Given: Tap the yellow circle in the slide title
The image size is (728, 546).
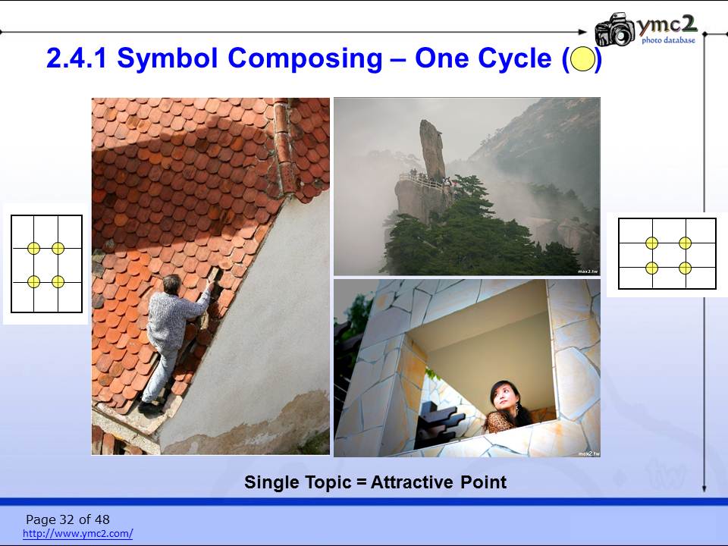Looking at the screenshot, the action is [582, 59].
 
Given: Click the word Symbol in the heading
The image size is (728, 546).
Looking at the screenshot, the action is [167, 59].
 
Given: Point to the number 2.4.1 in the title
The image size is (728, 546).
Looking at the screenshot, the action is [77, 58].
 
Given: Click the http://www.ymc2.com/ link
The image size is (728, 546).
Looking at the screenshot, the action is [78, 533].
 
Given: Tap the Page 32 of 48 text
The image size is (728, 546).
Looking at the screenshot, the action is [67, 519].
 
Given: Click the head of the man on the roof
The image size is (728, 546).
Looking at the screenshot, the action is [171, 284].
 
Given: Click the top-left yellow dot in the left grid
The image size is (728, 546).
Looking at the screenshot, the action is [33, 249].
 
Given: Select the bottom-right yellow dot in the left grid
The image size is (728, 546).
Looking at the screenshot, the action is [58, 281].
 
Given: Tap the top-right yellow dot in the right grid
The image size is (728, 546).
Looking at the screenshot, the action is [685, 243].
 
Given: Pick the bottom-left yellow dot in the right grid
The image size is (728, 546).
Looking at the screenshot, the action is [652, 268].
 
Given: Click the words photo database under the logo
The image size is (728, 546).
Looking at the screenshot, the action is [669, 40].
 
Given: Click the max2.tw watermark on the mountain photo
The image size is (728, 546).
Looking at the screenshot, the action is [587, 271].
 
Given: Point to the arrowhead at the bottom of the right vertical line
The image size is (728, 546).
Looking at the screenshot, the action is [704, 488].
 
